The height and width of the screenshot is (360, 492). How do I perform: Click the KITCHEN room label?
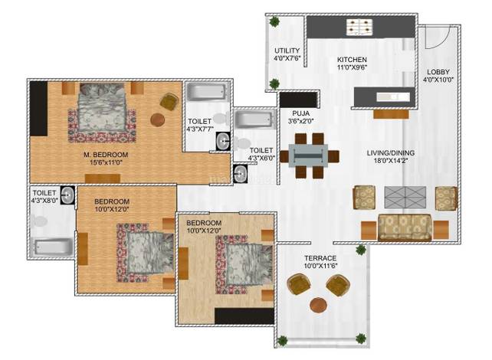(352, 60)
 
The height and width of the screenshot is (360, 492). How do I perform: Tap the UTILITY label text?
(287, 51)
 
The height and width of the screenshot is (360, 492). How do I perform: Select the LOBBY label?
(438, 72)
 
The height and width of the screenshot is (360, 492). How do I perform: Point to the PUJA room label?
(301, 113)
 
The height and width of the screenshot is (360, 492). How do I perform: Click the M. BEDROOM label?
(106, 155)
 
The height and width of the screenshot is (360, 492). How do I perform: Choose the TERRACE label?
(320, 258)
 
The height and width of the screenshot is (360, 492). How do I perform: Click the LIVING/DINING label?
(391, 153)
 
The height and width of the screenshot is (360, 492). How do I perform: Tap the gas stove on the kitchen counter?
(359, 27)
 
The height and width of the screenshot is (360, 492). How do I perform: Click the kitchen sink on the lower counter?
(393, 97)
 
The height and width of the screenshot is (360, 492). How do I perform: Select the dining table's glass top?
(308, 155)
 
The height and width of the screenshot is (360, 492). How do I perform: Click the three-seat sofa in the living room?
(405, 227)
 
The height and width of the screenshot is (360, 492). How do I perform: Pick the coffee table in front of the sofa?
(405, 198)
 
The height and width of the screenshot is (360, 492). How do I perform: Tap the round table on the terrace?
(318, 305)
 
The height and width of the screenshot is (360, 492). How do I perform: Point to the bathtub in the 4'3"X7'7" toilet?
(206, 92)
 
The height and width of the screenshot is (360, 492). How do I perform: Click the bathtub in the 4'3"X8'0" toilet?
(53, 247)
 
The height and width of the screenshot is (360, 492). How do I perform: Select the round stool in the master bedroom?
(158, 119)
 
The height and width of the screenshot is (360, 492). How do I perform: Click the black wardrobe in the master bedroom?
(38, 109)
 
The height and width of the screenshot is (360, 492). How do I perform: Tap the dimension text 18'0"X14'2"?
(391, 161)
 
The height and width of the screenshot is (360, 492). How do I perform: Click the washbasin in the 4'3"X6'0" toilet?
(240, 174)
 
